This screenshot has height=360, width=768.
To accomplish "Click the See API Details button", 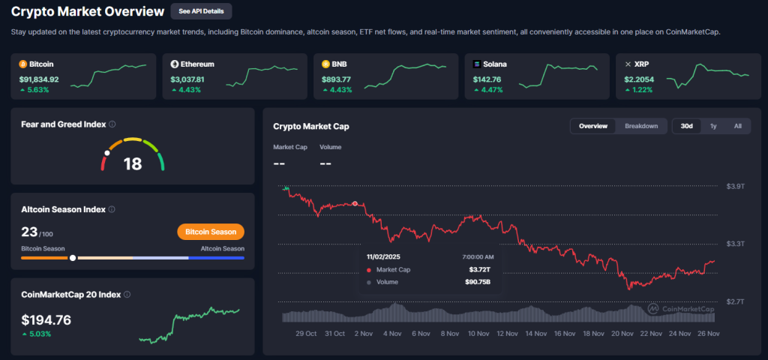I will [201, 11].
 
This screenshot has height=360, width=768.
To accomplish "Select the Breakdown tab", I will [641, 126].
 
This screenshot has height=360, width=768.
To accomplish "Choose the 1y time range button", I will [712, 126].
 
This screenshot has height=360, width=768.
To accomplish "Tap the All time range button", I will [737, 126].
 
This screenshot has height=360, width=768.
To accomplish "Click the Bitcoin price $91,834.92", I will [39, 79].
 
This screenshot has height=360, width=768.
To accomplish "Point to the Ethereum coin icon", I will [175, 64].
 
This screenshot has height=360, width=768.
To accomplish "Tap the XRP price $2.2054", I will [639, 79].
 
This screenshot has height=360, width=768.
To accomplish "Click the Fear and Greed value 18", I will [132, 163].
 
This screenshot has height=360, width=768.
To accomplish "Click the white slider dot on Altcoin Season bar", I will [73, 258].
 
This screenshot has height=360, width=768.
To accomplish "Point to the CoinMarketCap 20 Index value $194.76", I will [46, 320].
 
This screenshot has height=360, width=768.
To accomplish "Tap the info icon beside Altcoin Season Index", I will [112, 210].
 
